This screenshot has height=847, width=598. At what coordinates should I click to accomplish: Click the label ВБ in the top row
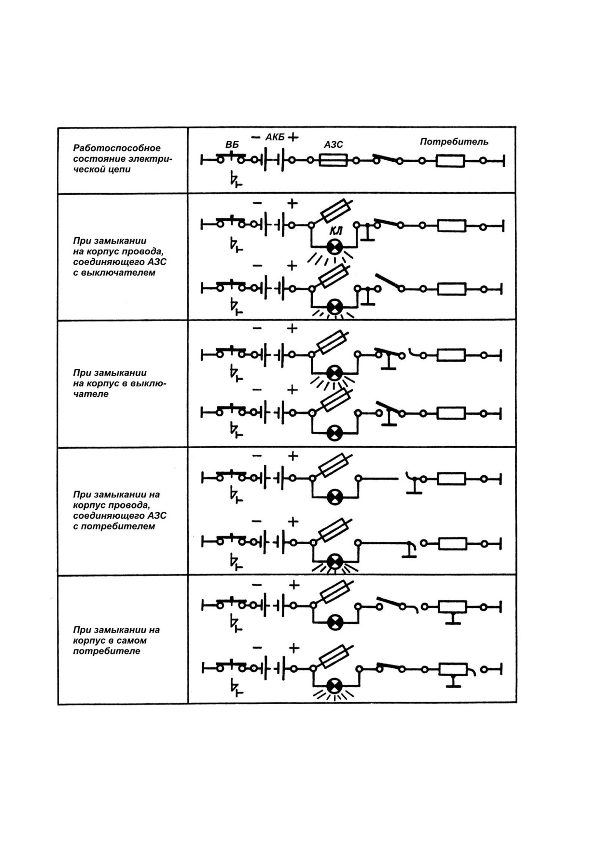[x=232, y=145]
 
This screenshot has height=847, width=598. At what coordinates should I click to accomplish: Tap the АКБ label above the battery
[x=275, y=137]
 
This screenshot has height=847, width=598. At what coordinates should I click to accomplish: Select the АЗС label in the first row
[x=333, y=144]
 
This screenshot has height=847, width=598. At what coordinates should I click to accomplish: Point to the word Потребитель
[x=454, y=141]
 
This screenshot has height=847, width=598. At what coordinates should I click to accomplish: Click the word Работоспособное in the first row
[x=117, y=148]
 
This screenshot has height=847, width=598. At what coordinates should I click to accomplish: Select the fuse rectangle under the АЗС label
[x=333, y=160]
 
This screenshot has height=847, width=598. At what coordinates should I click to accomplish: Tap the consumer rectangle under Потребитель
[x=450, y=161]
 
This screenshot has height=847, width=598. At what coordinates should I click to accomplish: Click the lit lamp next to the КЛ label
[x=334, y=247]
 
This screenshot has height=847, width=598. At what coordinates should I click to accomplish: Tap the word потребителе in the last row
[x=107, y=651]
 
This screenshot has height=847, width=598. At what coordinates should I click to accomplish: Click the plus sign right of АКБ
[x=293, y=137]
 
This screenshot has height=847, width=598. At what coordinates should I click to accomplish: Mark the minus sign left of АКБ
[x=256, y=137]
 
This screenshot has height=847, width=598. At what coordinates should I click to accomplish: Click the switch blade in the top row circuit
[x=387, y=159]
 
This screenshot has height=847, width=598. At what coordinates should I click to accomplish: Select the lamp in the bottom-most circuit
[x=334, y=686]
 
